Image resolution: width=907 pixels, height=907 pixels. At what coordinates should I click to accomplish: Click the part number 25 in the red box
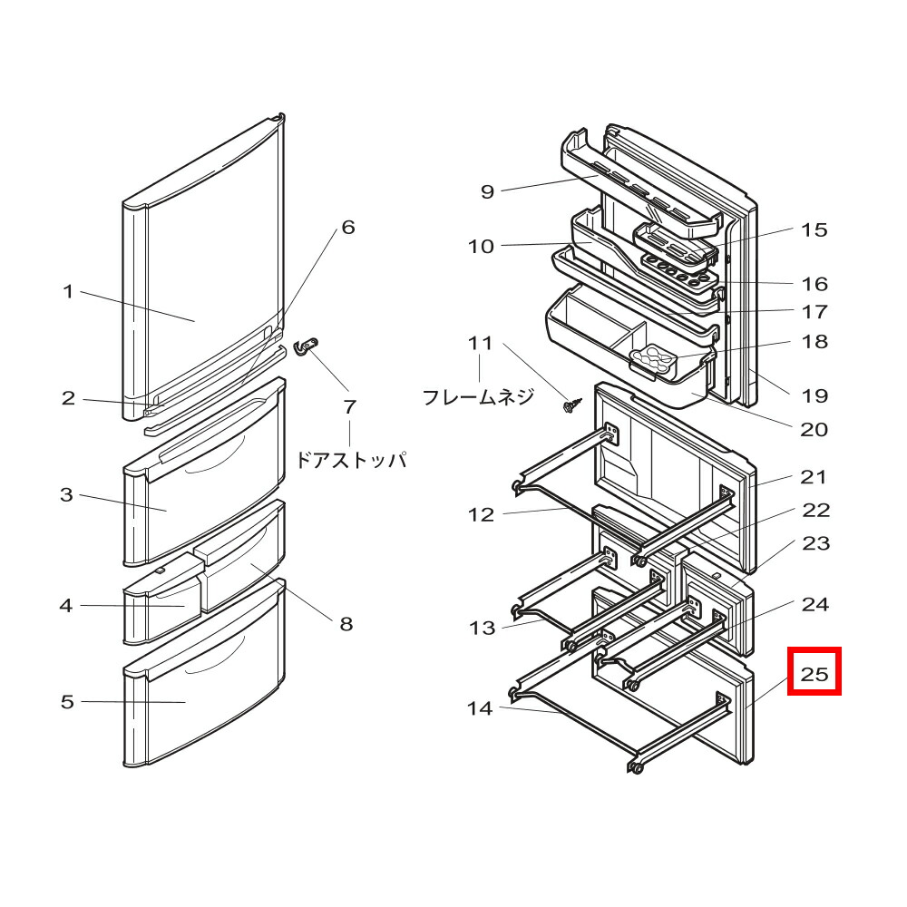pos(814,673)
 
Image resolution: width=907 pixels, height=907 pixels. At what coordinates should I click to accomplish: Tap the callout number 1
pos(67,292)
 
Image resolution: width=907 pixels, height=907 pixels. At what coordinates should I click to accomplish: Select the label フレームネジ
pos(479,396)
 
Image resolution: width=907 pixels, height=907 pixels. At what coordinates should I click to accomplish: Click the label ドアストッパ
pos(350,460)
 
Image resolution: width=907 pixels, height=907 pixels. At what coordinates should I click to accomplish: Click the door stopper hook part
pos(308,346)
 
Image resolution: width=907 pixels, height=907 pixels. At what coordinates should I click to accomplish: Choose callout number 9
pos(487,191)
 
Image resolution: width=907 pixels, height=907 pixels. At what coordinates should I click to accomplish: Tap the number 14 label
pos(480,708)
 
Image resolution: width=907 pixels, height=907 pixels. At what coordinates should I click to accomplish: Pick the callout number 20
pos(814,429)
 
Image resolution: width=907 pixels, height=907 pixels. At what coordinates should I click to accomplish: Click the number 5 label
pos(67,702)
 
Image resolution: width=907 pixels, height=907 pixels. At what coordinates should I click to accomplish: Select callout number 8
pos(346,624)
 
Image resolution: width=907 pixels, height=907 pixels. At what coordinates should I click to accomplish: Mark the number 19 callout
pos(814,395)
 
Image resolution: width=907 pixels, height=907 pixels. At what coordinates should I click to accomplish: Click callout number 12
pos(481,515)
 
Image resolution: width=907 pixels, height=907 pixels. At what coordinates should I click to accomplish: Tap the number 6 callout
pos(347,227)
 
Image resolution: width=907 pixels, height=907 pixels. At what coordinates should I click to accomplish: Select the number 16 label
pos(814,284)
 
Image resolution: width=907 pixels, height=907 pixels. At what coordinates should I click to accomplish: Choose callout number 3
pos(67,495)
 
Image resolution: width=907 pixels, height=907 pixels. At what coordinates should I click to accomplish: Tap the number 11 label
pos(480,344)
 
